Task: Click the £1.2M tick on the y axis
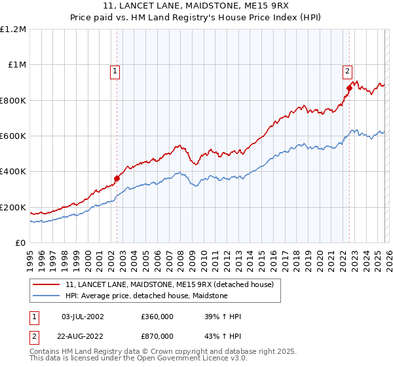coord(13,29)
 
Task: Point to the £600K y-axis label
coord(13,136)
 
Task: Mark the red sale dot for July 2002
coord(117,178)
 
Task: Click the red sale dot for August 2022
coord(349,88)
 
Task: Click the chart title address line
coord(196,7)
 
